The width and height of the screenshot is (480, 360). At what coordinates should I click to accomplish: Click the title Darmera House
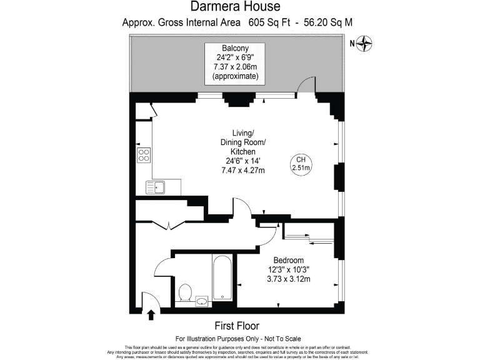click(239, 7)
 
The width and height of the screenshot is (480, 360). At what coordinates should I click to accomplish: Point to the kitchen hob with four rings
click(144, 154)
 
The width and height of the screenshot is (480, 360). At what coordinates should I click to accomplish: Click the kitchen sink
click(155, 186)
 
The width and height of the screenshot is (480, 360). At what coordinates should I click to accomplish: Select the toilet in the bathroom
click(185, 292)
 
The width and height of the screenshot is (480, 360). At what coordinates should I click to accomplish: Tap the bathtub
click(222, 279)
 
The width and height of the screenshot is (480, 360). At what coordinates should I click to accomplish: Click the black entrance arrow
click(151, 314)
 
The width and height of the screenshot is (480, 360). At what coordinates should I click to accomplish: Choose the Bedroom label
click(289, 260)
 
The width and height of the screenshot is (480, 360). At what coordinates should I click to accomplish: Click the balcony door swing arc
click(305, 86)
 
